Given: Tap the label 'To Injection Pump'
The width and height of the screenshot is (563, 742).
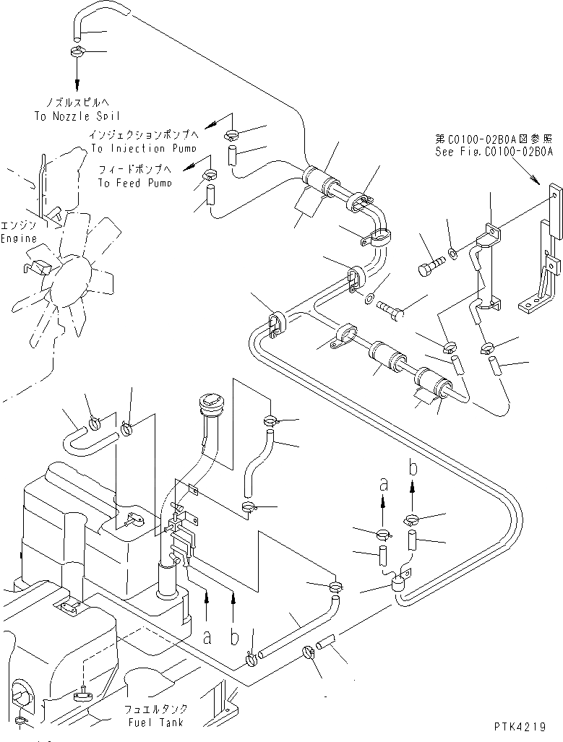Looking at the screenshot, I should (x=143, y=148).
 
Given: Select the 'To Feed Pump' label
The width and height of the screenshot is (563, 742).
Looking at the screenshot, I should (x=135, y=184).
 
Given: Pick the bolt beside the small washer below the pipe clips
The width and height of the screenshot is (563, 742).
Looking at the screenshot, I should (x=390, y=311).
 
